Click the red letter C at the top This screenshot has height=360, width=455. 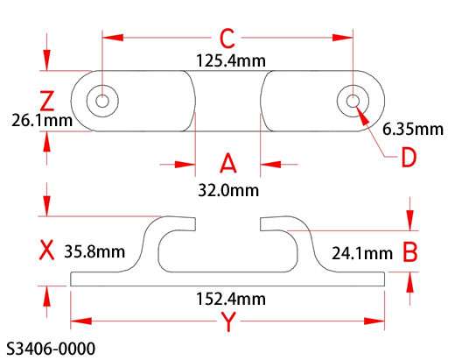[x=227, y=39]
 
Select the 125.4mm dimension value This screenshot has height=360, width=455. [x=231, y=60]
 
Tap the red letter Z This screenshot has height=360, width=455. [x=47, y=101]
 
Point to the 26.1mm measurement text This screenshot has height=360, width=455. [x=42, y=120]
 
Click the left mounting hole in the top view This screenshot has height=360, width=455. [x=102, y=101]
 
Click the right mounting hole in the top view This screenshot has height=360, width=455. [x=353, y=101]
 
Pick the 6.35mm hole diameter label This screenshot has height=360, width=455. [x=413, y=129]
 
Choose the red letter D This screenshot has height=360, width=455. [x=409, y=157]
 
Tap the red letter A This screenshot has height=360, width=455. [x=227, y=163]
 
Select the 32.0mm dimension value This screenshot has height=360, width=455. [x=228, y=190]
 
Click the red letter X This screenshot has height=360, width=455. [x=46, y=250]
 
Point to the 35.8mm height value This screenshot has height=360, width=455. [x=94, y=251]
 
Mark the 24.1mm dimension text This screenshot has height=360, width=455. [x=362, y=253]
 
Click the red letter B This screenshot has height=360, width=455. [x=410, y=251]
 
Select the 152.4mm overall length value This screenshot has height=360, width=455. [x=231, y=299]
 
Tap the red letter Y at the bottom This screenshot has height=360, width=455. [x=228, y=321]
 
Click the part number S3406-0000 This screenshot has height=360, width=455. [x=51, y=349]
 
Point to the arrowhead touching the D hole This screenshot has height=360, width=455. [x=362, y=114]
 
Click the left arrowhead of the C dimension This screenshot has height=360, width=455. [x=113, y=38]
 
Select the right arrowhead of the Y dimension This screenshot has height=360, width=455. [x=374, y=321]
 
